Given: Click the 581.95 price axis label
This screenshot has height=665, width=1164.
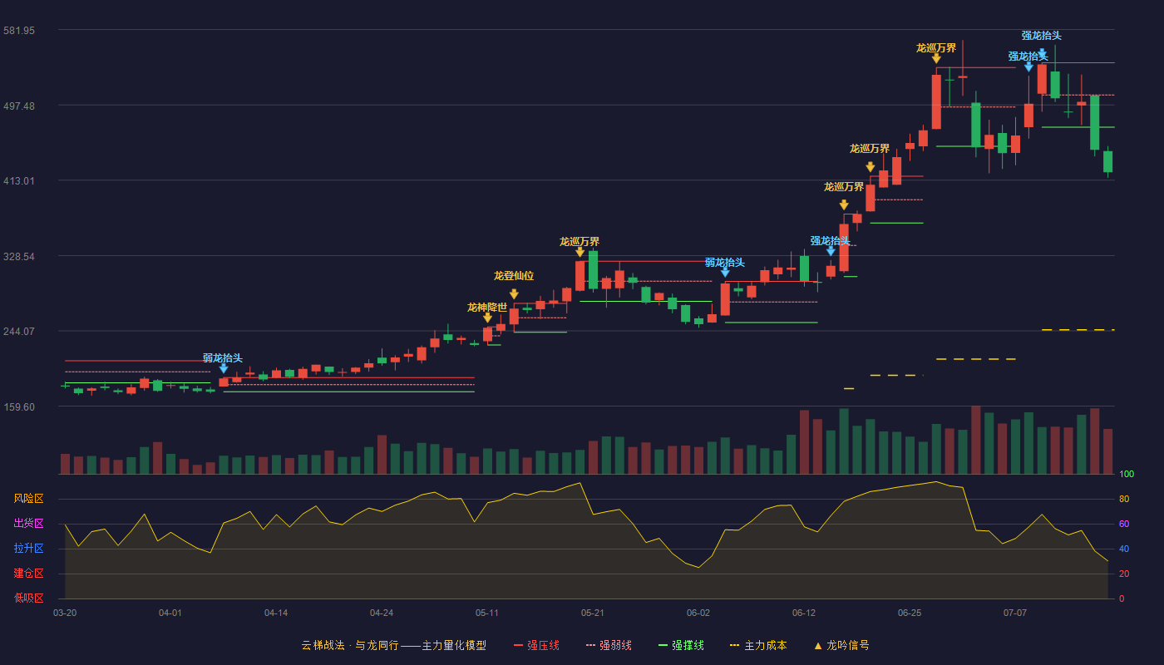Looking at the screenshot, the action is tap(19, 31).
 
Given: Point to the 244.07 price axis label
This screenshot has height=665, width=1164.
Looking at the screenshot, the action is tap(19, 332).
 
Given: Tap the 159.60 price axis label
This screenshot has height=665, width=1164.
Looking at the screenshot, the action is tap(19, 407).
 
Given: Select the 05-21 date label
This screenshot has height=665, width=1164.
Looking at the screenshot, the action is tap(592, 613).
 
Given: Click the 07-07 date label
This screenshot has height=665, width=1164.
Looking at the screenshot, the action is tap(1015, 613).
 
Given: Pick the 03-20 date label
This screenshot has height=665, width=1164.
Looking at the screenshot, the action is tap(65, 613).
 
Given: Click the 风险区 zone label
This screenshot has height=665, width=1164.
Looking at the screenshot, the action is tap(28, 499).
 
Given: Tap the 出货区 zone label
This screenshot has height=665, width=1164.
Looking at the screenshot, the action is tap(28, 523).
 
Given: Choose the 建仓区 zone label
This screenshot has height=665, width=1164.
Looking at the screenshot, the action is tap(28, 573).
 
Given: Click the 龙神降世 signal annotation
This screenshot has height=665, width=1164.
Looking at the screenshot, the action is tap(487, 307).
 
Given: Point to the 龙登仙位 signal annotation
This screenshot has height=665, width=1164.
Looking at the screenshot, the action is tap(514, 276).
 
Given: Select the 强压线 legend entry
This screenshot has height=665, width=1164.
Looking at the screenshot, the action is tap(537, 645).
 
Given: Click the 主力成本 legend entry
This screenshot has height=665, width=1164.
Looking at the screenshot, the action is tap(758, 645).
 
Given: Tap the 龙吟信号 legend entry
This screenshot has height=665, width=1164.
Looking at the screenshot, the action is tap(841, 645).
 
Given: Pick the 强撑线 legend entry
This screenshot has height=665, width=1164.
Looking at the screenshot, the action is tap(681, 645).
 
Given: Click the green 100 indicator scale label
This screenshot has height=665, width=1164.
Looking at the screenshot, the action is tap(1127, 474).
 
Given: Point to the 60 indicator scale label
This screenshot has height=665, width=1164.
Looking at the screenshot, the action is tap(1124, 524).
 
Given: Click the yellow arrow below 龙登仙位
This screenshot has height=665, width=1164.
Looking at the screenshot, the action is tap(514, 294).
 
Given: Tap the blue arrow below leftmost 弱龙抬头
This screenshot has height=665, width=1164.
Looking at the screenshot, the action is tap(224, 368).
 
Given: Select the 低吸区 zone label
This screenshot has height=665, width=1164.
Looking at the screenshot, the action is tap(28, 598).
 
